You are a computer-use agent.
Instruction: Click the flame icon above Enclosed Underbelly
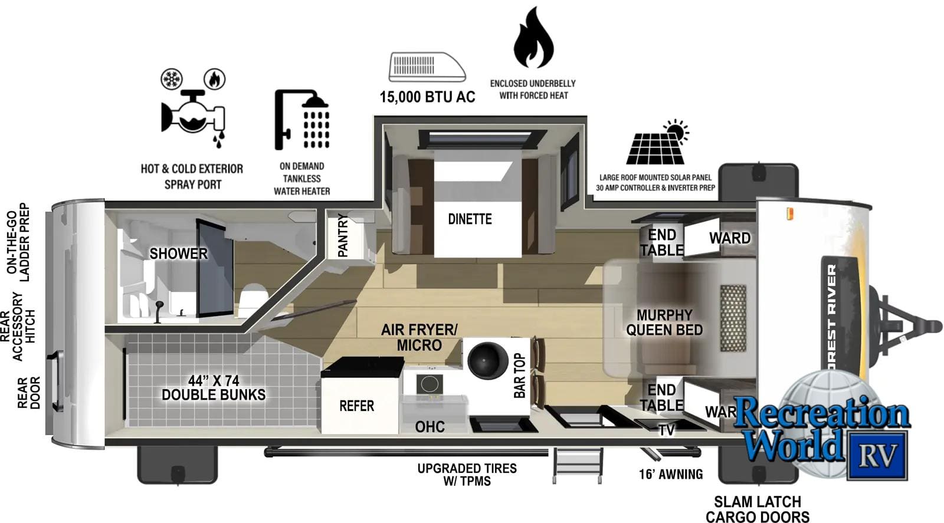(533, 39)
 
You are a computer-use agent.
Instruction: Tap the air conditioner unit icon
(427, 67)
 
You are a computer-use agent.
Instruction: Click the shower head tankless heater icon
(302, 120)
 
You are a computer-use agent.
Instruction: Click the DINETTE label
(470, 219)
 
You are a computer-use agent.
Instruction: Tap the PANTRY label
(343, 235)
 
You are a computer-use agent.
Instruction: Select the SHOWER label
(178, 254)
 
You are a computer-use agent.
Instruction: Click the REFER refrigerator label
(356, 406)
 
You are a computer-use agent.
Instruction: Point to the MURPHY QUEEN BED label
(664, 323)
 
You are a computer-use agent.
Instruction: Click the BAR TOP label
(519, 375)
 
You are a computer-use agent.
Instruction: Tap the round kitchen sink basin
(487, 360)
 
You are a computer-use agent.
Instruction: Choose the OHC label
(430, 426)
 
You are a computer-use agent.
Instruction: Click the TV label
(667, 430)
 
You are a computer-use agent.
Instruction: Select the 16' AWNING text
(671, 474)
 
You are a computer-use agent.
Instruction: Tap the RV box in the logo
(877, 455)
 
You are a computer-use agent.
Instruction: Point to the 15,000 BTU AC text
(427, 97)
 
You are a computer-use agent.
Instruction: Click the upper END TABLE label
(662, 242)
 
